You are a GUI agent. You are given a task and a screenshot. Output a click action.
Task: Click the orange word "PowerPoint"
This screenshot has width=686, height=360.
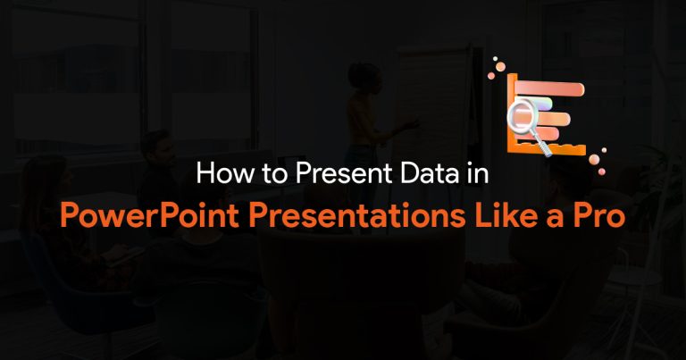(x=149, y=215)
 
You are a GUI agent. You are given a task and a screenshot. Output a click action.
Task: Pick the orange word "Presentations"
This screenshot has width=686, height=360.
(x=357, y=215)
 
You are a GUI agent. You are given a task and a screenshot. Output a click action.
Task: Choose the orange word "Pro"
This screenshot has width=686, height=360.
(x=599, y=215)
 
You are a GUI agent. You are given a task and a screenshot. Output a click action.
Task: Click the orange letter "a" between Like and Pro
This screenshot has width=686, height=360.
(x=555, y=218)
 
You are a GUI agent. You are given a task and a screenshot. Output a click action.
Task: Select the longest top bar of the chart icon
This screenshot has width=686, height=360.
(x=549, y=89)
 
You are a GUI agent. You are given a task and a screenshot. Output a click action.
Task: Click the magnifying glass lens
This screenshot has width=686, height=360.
(x=523, y=114)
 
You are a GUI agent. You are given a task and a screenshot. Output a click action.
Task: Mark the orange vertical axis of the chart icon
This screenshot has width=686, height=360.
(x=512, y=113)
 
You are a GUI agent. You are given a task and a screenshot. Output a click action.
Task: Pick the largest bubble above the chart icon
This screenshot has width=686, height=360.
(x=500, y=66)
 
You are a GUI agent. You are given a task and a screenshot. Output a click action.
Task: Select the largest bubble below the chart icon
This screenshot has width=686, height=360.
(x=594, y=160)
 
